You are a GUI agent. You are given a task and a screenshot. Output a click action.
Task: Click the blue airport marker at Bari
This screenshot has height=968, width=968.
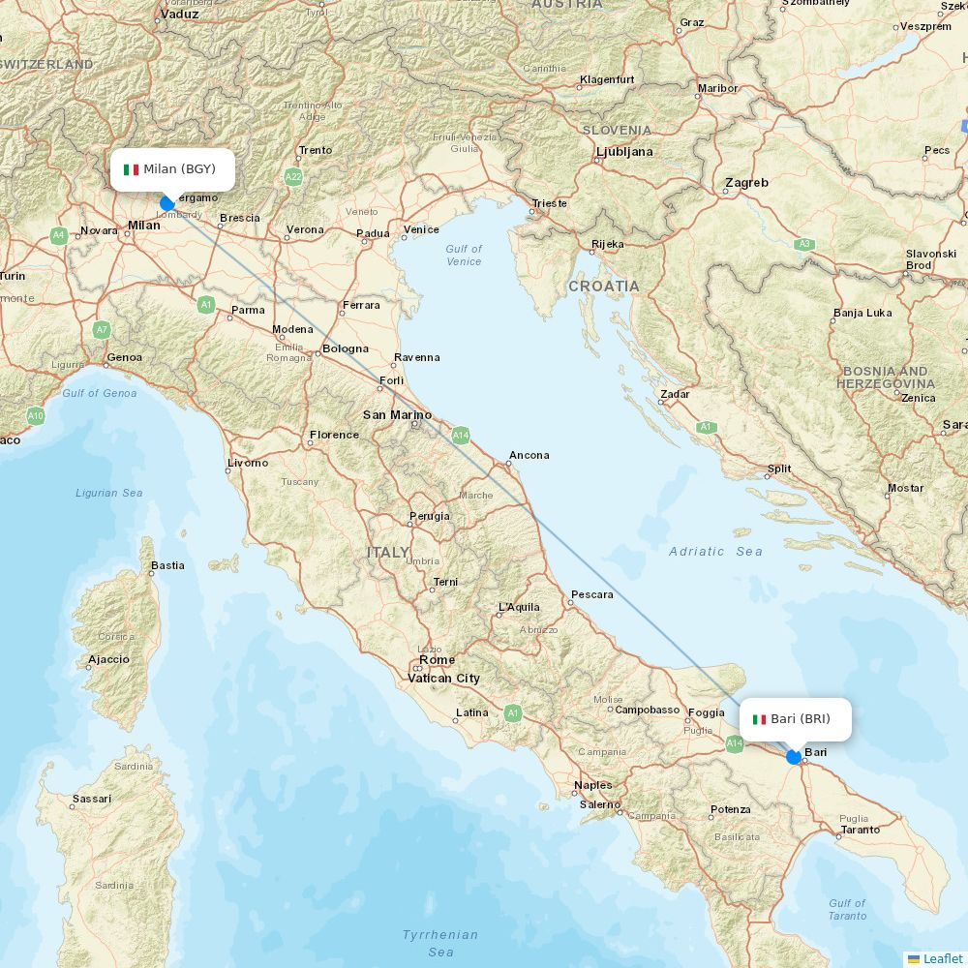coord(794,757)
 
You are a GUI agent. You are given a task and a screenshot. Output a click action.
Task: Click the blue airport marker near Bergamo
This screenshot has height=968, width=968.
coord(166,203)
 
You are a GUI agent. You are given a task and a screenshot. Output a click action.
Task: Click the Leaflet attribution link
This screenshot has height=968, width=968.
coord(942,958)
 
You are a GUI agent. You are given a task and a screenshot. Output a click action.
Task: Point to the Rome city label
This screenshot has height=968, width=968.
coord(437,660)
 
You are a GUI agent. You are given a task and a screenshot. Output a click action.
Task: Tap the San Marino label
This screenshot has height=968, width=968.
coord(397,415)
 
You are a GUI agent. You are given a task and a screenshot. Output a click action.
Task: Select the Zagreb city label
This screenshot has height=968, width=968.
coord(746,183)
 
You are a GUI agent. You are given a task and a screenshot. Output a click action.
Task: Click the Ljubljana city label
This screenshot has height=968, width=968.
coord(624,152)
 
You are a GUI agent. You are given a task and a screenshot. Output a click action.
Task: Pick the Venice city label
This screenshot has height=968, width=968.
coord(421,229)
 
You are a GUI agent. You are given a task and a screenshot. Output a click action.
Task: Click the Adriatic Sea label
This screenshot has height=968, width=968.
coord(715,552)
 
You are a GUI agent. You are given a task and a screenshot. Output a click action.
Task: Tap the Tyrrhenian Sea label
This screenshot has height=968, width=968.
coord(440,943)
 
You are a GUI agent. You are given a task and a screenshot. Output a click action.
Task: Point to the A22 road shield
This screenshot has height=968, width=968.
coord(293,177)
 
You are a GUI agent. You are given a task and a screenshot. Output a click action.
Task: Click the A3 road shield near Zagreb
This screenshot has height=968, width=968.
coord(803,244)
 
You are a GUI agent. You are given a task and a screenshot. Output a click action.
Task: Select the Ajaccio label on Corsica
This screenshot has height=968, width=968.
coord(108,659)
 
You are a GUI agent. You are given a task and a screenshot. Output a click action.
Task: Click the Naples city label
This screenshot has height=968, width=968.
coord(592,785)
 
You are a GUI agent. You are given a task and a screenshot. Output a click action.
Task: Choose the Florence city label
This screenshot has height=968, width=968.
coord(334,435)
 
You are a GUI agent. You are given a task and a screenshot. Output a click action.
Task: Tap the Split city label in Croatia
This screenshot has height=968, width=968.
coord(779,469)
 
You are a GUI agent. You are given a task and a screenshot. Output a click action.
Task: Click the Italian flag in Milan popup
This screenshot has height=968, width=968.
coord(132,169)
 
